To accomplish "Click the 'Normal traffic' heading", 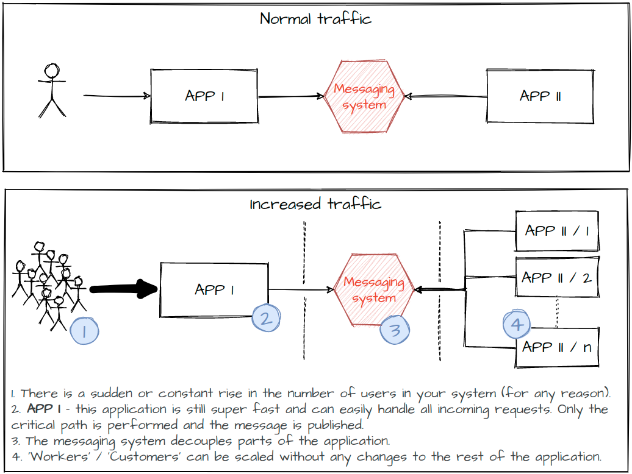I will coord(315,18).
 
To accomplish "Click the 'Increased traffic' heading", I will coord(315,204).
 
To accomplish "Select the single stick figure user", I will coord(52,90).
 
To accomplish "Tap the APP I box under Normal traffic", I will coord(204,96).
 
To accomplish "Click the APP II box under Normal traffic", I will coord(539,96).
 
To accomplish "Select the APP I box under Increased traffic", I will coord(214,290).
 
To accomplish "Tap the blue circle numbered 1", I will coord(84,331).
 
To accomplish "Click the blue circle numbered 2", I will coord(266,317).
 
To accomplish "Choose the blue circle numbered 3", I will coord(395,330).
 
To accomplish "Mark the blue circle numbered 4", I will coord(517,324).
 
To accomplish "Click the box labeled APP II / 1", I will coord(557,231).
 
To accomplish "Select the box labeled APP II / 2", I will coord(557,277).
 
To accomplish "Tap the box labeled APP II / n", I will coord(557,347).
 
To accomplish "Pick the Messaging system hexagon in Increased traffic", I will coord(374,289).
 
